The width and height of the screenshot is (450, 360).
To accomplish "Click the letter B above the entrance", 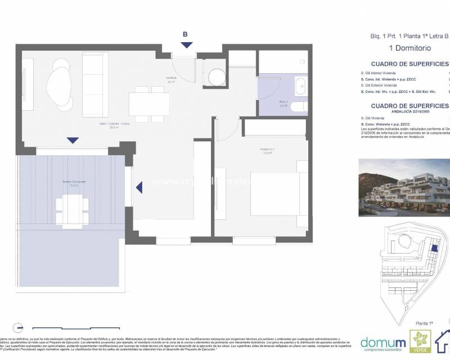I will [186, 34].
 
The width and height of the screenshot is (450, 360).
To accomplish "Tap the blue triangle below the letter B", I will [187, 44].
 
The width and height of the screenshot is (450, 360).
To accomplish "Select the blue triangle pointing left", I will [139, 186].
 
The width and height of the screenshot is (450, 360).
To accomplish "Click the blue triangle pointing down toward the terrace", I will [73, 140].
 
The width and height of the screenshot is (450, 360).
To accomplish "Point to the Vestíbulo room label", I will [171, 79].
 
